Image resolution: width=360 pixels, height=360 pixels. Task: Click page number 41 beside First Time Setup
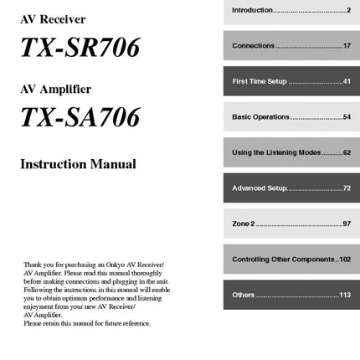[x=347, y=81]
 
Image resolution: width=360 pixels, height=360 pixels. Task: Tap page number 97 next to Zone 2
[x=347, y=224]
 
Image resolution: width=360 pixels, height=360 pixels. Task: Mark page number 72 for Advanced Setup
[x=347, y=188]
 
